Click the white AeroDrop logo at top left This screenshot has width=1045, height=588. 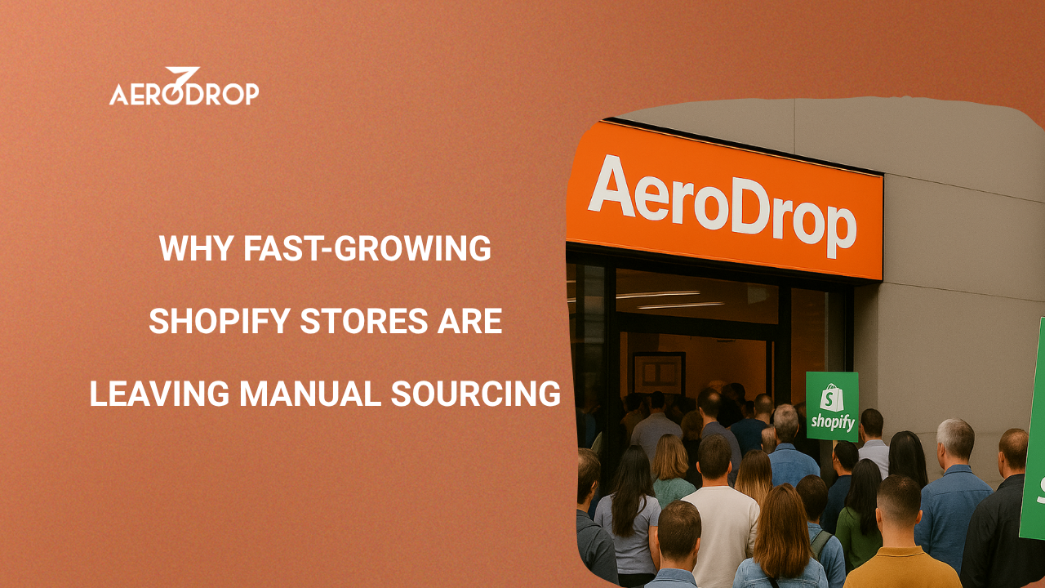(x=184, y=91)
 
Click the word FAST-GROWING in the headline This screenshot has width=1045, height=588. (x=367, y=248)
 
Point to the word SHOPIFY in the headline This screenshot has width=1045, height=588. (x=219, y=322)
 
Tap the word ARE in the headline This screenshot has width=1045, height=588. (x=469, y=322)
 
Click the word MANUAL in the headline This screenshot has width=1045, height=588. (x=309, y=394)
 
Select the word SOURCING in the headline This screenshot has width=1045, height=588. (x=476, y=394)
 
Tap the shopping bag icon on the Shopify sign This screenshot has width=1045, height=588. (x=831, y=398)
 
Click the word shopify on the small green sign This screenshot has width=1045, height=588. (x=832, y=423)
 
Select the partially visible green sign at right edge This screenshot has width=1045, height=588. (x=1034, y=433)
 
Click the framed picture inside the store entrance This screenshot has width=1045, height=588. (x=658, y=374)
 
